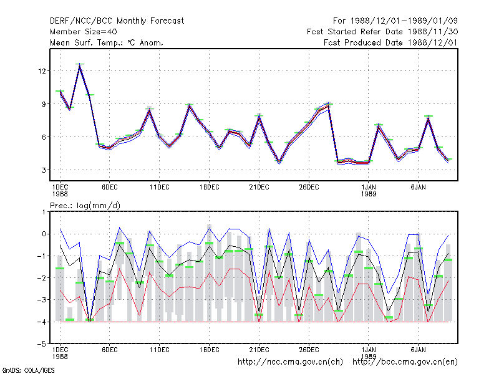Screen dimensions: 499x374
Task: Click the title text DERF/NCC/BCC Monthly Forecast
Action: (117, 21)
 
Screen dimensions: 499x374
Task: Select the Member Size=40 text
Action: (84, 32)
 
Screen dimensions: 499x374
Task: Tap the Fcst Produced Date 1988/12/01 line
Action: (390, 42)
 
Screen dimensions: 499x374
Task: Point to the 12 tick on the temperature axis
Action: (42, 70)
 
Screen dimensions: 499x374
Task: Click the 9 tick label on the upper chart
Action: (44, 103)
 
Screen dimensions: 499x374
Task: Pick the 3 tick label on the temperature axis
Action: (44, 170)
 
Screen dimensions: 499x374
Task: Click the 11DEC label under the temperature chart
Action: (160, 187)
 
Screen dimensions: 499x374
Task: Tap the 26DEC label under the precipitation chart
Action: (309, 350)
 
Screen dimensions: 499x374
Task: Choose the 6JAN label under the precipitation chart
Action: (418, 350)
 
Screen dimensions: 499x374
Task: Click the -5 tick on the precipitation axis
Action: (42, 344)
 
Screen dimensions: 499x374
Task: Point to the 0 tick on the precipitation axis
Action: (44, 234)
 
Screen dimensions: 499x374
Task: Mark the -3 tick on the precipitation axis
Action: (42, 300)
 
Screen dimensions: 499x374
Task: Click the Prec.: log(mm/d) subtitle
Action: (85, 206)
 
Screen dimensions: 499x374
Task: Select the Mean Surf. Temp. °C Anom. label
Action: (107, 42)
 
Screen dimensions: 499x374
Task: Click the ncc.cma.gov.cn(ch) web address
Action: (290, 362)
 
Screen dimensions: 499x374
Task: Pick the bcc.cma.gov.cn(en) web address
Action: (405, 362)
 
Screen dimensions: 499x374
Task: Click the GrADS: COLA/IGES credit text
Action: (28, 370)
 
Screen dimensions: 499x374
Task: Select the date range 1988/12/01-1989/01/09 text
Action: (404, 21)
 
